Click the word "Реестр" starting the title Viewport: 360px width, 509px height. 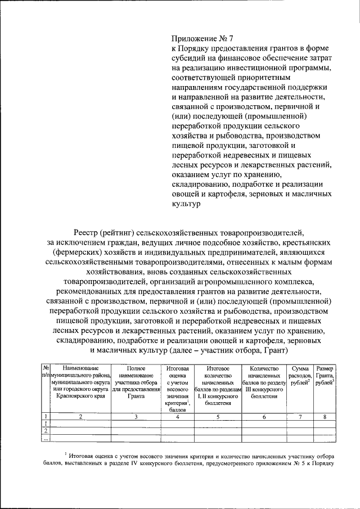[87, 232]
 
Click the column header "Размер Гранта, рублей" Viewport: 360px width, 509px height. [325, 376]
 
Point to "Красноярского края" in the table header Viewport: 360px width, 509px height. [80, 397]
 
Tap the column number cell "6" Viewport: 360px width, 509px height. [264, 417]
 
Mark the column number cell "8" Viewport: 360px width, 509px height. [325, 417]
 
